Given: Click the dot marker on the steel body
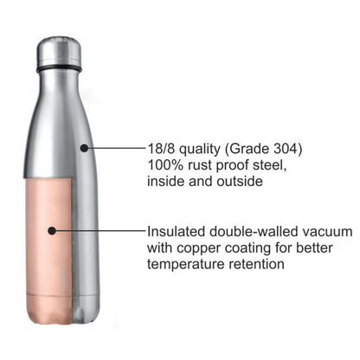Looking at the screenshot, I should (x=85, y=148).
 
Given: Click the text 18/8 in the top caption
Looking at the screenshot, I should (x=164, y=149).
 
